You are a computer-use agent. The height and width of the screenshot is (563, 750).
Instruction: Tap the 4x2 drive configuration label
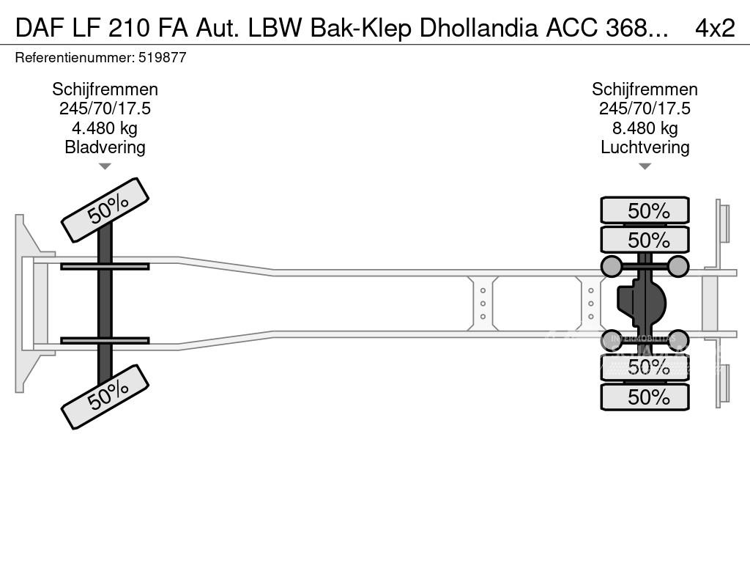point(715,27)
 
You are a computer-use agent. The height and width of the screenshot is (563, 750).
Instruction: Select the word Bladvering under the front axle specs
point(105,147)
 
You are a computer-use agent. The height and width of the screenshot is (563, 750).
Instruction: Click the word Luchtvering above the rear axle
point(645,147)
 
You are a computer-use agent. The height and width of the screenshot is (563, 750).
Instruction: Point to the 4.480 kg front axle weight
point(105,128)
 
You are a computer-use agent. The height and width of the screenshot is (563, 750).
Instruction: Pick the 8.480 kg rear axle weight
point(645,128)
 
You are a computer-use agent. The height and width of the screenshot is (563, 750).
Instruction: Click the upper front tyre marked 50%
point(105,210)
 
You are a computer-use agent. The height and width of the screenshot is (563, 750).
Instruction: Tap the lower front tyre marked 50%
point(105,397)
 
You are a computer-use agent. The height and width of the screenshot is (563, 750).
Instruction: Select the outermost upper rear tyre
point(645,210)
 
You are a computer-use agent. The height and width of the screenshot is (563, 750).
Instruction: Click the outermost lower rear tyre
point(645,397)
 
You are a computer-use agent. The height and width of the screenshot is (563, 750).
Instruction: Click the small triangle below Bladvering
point(105,166)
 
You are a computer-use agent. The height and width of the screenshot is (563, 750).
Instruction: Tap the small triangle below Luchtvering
point(645,166)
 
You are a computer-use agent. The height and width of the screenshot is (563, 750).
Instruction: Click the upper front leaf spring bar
point(105,266)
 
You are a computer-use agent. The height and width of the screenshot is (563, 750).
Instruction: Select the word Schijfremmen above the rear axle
point(645,89)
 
